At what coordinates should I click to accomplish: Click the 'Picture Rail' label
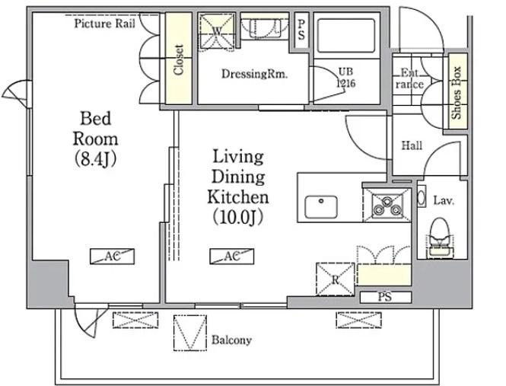pos(104,24)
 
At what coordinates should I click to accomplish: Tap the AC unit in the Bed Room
pos(112,257)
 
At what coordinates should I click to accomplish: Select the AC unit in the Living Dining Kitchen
pos(232,257)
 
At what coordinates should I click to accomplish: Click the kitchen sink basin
pos(321,207)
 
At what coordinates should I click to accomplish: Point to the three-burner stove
pos(387,205)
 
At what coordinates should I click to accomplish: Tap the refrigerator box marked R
pos(336,279)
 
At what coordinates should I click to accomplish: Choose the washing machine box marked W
pos(217,30)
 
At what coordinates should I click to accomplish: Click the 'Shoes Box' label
pos(457,93)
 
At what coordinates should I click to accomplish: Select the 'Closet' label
pos(179,59)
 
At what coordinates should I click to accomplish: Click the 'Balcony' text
pos(231,340)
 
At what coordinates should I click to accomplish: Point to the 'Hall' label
pos(412,145)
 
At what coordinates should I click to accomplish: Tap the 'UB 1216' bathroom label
pos(346,78)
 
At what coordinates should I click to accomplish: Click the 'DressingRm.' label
pos(254,75)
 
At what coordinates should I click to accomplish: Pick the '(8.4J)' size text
pos(95,158)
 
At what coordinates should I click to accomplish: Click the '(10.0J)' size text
pos(238,218)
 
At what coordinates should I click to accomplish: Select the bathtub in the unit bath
pos(346,36)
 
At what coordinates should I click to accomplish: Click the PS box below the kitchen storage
pos(386,297)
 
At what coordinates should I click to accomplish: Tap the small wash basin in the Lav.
pos(421,198)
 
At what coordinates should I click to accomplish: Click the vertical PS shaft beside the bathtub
pos(301,30)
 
